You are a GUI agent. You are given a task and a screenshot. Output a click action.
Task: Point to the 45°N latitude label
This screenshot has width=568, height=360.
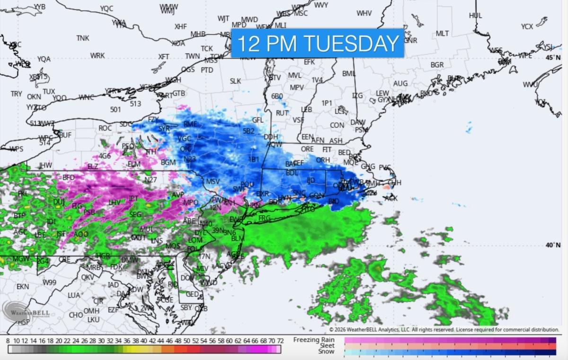click(553, 57)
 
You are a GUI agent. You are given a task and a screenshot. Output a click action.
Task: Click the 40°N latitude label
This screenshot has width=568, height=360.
click(553, 245)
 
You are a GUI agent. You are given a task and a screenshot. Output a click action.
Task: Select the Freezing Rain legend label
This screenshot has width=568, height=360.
click(314, 340)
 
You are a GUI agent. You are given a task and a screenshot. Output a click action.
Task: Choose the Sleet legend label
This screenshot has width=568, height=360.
click(327, 346)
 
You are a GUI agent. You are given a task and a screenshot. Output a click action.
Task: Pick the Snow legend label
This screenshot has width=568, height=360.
click(326, 351)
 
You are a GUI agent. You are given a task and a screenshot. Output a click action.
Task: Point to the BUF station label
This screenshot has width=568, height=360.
click(65, 135)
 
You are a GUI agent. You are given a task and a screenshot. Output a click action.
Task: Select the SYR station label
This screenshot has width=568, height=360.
click(164, 128)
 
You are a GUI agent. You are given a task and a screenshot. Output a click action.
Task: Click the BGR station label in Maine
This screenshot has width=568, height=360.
click(437, 65)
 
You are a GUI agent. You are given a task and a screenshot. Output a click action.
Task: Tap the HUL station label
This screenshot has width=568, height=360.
click(475, 16)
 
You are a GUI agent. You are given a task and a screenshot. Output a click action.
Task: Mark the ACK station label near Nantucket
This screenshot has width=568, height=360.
click(391, 198)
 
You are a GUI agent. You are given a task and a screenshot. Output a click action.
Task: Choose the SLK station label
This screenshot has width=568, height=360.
click(235, 81)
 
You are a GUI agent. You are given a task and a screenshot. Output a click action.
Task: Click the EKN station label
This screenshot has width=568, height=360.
click(23, 287)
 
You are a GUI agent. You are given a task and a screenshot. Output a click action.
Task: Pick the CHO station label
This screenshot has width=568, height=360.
click(76, 315)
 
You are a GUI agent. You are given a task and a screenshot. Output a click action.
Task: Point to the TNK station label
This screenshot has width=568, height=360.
click(83, 38)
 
